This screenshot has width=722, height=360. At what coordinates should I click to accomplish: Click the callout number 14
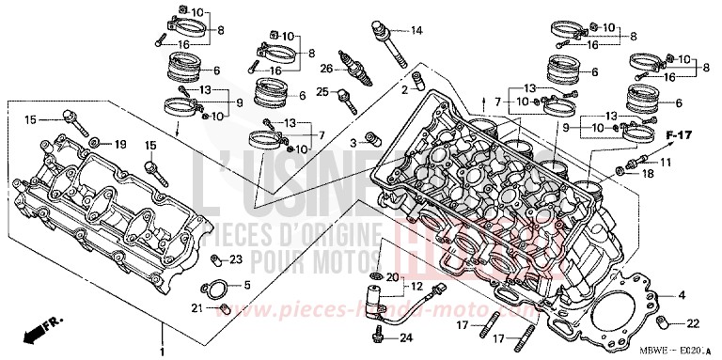point(416,31)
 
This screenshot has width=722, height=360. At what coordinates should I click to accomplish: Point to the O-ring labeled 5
point(214,289)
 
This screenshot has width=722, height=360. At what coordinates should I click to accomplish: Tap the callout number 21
point(198,307)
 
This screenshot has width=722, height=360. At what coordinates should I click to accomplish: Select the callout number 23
point(235,259)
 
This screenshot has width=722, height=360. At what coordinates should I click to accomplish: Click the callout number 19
point(119,144)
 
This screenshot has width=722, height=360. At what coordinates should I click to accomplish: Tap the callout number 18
point(647,174)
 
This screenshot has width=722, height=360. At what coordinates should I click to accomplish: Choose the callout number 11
point(666,164)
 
